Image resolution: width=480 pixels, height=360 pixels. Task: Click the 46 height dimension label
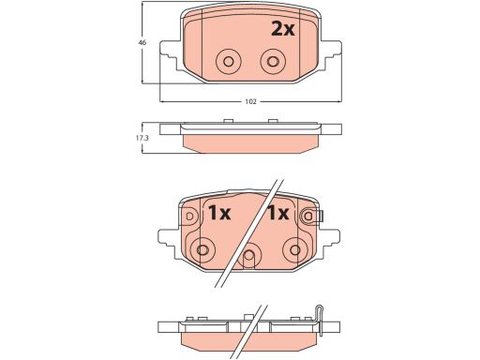tap(142, 42)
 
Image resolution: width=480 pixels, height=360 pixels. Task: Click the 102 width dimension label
tap(250, 101)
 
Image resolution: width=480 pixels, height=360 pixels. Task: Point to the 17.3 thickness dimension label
tap(143, 138)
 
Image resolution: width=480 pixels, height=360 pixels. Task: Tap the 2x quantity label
tap(282, 29)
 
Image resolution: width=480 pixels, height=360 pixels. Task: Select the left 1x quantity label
tap(219, 213)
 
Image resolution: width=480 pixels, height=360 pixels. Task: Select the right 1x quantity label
tap(277, 213)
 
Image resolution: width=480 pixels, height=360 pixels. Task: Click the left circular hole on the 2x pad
tap(229, 61)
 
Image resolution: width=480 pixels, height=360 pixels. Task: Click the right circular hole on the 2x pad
tap(273, 61)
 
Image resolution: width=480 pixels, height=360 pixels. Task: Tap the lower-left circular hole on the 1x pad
tap(202, 249)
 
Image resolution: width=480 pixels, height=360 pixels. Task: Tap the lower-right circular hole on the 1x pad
tap(295, 249)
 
